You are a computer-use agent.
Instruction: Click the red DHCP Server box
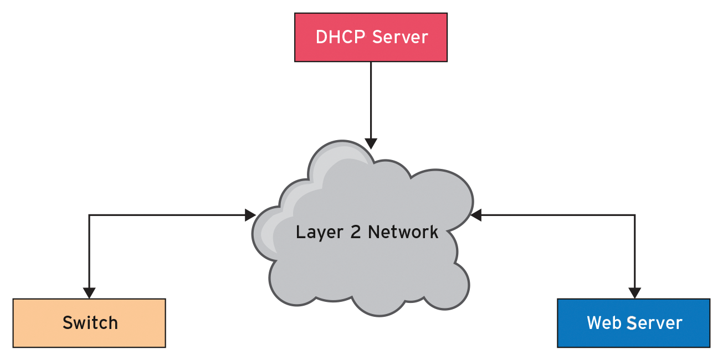click(371, 37)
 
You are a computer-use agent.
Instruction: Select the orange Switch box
click(89, 323)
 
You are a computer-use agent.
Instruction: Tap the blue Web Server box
click(633, 323)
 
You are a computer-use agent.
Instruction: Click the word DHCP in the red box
click(340, 37)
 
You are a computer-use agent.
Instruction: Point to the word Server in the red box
click(400, 37)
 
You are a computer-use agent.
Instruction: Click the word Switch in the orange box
click(90, 322)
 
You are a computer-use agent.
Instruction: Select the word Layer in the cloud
click(316, 232)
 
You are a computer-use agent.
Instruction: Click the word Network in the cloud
click(403, 232)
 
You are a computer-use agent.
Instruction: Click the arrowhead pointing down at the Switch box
click(89, 293)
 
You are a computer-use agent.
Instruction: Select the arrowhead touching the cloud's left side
click(250, 215)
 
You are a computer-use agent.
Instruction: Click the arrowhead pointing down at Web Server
click(634, 293)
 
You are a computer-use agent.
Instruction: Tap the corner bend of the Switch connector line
click(89, 215)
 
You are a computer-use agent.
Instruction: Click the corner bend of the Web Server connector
click(634, 215)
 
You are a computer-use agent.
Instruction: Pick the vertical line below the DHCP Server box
click(371, 100)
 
